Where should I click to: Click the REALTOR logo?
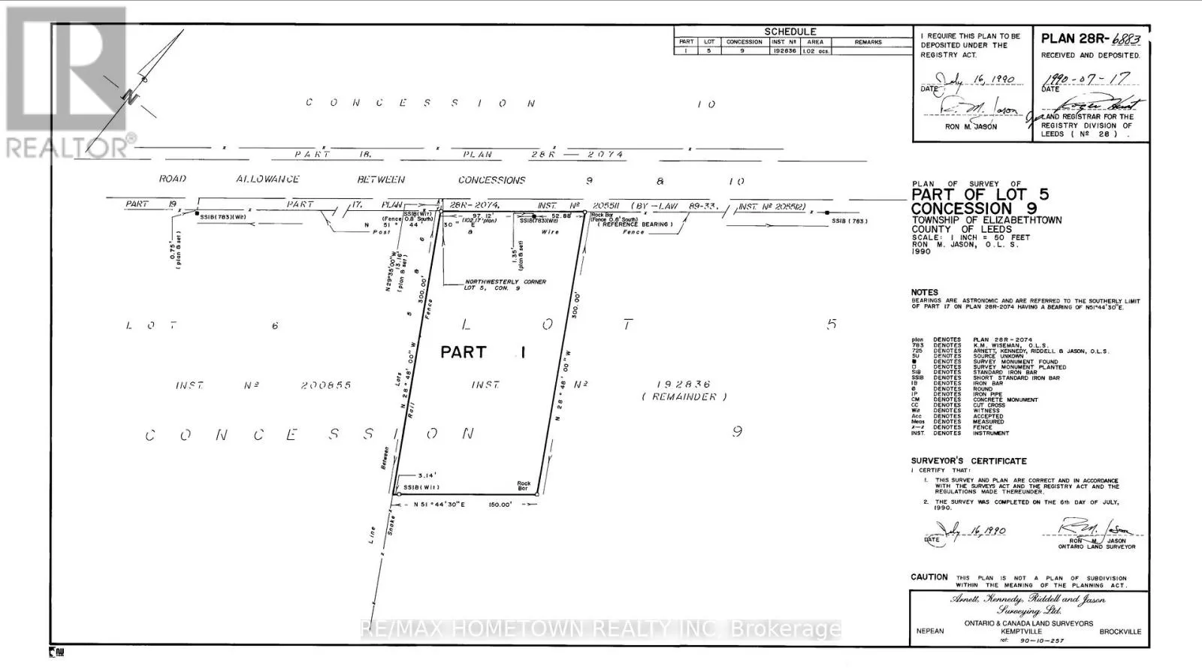pyautogui.click(x=68, y=83)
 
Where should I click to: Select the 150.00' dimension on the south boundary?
pyautogui.click(x=500, y=505)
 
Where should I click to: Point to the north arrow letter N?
pyautogui.click(x=130, y=96)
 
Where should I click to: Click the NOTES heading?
pyautogui.click(x=925, y=293)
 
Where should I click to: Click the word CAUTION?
pyautogui.click(x=929, y=577)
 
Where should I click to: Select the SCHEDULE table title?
pyautogui.click(x=790, y=32)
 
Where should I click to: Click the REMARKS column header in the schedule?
pyautogui.click(x=868, y=42)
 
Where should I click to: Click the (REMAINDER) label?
pyautogui.click(x=684, y=396)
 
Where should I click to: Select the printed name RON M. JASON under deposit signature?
pyautogui.click(x=971, y=127)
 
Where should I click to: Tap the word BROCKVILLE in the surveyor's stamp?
pyautogui.click(x=1119, y=631)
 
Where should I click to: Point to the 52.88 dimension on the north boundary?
pyautogui.click(x=561, y=216)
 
